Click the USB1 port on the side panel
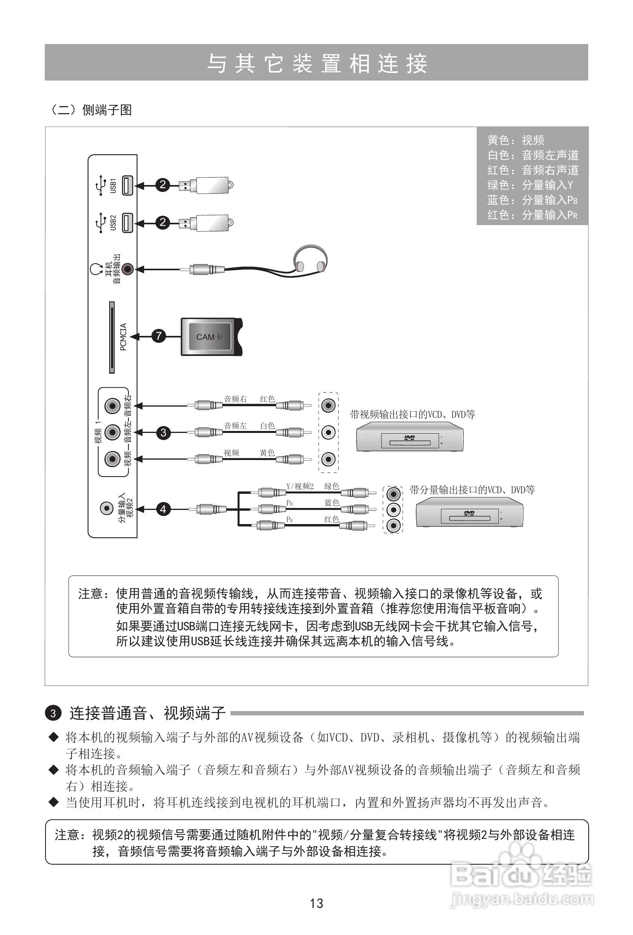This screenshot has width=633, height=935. pyautogui.click(x=128, y=185)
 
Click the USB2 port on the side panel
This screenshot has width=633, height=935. pyautogui.click(x=128, y=222)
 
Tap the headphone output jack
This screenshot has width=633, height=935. pyautogui.click(x=128, y=269)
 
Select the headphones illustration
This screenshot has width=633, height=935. pyautogui.click(x=310, y=260)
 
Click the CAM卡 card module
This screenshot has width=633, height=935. pyautogui.click(x=211, y=336)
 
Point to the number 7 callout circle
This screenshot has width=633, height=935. pyautogui.click(x=159, y=336)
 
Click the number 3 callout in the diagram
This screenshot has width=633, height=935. pyautogui.click(x=163, y=433)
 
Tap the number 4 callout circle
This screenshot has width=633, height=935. pyautogui.click(x=163, y=509)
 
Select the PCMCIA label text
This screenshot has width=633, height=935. pyautogui.click(x=123, y=337)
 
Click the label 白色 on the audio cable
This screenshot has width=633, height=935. pyautogui.click(x=267, y=425)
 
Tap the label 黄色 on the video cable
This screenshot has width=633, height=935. pyautogui.click(x=267, y=453)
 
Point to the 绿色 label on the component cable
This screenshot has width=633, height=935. pyautogui.click(x=331, y=486)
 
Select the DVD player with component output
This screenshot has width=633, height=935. pyautogui.click(x=469, y=513)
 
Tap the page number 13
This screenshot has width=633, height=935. pyautogui.click(x=316, y=903)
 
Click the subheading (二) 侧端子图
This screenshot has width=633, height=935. pyautogui.click(x=90, y=110)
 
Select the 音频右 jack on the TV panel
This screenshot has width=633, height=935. pyautogui.click(x=112, y=406)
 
